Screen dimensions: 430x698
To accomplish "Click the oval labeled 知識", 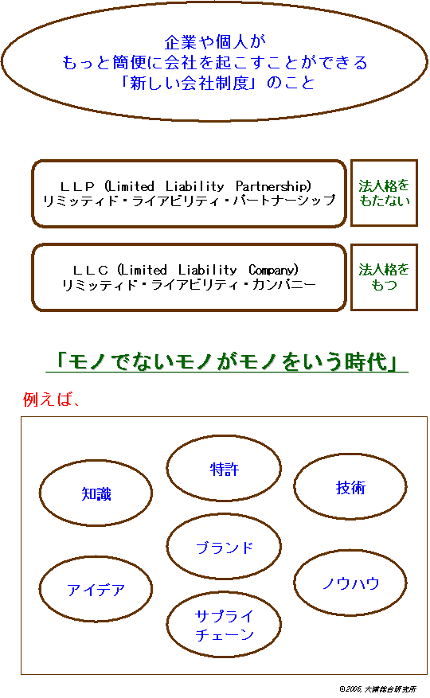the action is point(40,493).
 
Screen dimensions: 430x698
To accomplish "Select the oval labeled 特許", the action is point(167,468).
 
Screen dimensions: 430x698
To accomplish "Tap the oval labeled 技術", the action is point(295,486).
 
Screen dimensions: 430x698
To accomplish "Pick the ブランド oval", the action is point(167,547).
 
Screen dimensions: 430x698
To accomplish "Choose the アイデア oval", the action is point(40,589).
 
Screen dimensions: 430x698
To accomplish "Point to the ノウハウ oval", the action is point(295,583).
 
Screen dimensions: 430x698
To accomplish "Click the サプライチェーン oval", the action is point(167,625).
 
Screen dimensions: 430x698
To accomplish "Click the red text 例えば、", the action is point(51,400).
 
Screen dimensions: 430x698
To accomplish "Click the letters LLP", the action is point(77,186).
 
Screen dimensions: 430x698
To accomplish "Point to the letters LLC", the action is point(91,270).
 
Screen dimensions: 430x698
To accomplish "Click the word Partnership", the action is point(273,186).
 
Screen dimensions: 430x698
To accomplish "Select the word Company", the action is point(273,270).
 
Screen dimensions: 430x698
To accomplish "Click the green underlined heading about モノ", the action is point(227,361).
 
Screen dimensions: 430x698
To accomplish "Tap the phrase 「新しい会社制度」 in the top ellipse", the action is point(189,83).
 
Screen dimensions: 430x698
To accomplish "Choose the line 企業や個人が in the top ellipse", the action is point(215,42).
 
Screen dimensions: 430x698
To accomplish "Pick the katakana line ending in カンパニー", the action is point(189,284).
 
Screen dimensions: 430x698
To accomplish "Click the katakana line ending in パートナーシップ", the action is point(189,201).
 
